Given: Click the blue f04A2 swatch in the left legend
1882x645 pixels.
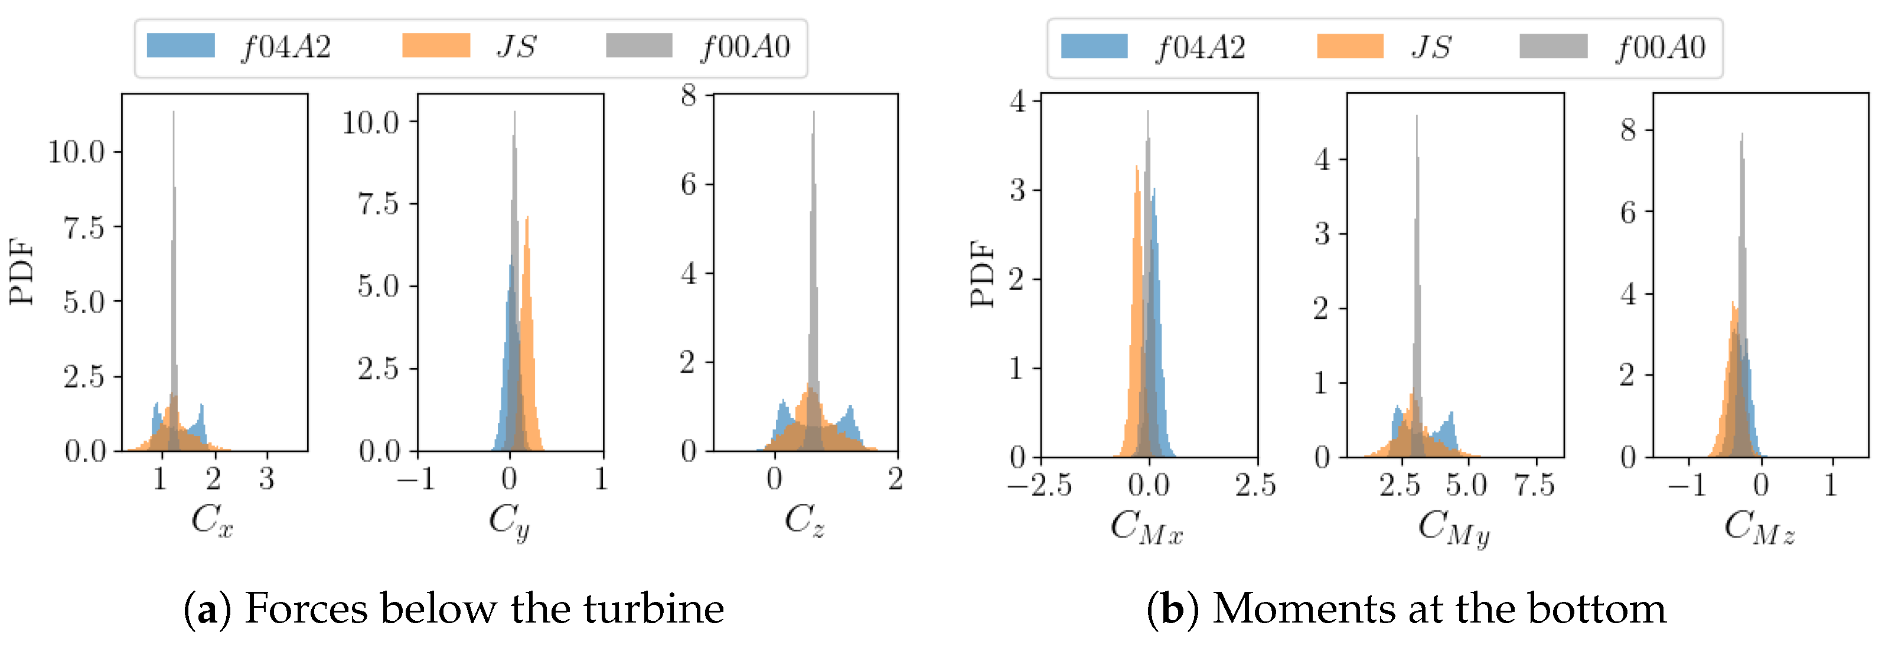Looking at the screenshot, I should click(x=181, y=45).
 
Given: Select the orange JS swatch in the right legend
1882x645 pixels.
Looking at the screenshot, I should click(x=1349, y=46).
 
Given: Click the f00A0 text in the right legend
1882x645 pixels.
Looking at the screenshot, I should click(x=1659, y=47).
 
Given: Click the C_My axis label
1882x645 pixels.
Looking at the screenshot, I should click(x=1453, y=527).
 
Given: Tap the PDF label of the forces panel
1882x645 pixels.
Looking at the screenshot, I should click(x=22, y=271).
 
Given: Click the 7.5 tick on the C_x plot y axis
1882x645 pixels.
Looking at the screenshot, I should click(x=83, y=228).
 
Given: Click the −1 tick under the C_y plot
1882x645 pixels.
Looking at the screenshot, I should click(x=416, y=479).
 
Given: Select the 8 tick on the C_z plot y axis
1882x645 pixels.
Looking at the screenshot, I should click(x=688, y=95).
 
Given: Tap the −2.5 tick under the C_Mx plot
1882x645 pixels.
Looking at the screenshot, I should click(x=1040, y=485).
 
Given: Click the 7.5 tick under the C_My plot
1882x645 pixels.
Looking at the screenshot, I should click(x=1534, y=485).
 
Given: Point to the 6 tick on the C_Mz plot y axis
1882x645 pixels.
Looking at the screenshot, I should click(x=1627, y=213).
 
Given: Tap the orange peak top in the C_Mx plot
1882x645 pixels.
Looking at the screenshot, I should click(x=1137, y=167).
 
